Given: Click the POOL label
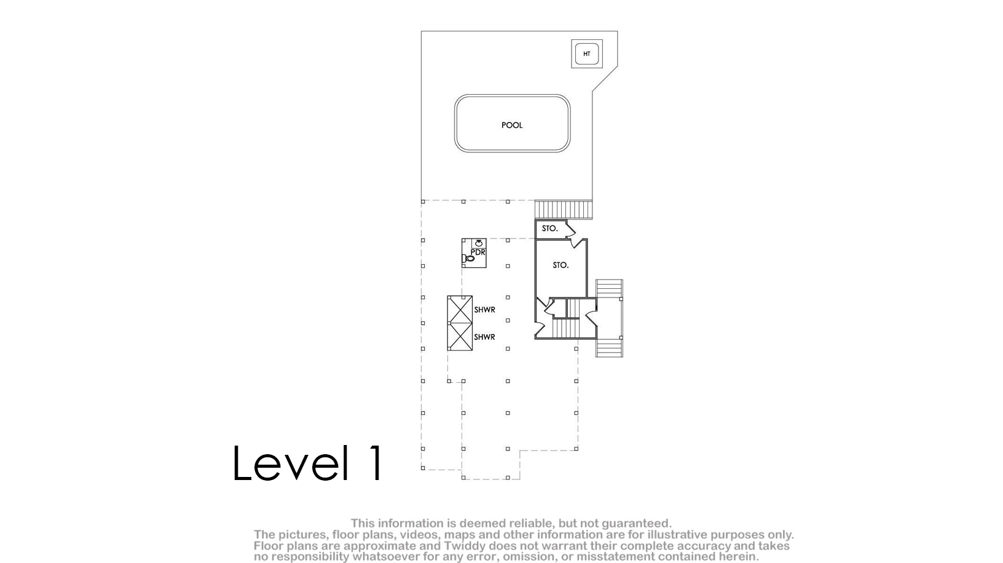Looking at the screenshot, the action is click(x=512, y=125).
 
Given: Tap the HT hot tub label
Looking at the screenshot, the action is click(x=586, y=53).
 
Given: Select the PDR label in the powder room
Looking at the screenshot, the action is click(x=478, y=252).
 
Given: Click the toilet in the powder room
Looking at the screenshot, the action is click(x=468, y=258).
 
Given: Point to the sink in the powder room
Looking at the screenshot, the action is click(x=479, y=243).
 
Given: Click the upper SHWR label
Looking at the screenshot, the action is click(x=484, y=310).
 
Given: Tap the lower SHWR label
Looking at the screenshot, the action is click(x=484, y=337).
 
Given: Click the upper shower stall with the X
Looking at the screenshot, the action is click(x=460, y=309).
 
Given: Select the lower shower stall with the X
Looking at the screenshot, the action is click(x=460, y=336).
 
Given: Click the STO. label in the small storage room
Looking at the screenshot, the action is click(x=550, y=229).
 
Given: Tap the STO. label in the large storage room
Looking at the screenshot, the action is click(x=560, y=265).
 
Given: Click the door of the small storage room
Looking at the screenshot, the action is click(x=570, y=231).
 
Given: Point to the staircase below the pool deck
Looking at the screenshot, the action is click(x=564, y=210).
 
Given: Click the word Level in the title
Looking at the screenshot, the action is click(x=291, y=463).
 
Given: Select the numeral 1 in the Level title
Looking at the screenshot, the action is click(x=376, y=463).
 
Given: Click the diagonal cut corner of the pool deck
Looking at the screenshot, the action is click(x=605, y=79).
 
